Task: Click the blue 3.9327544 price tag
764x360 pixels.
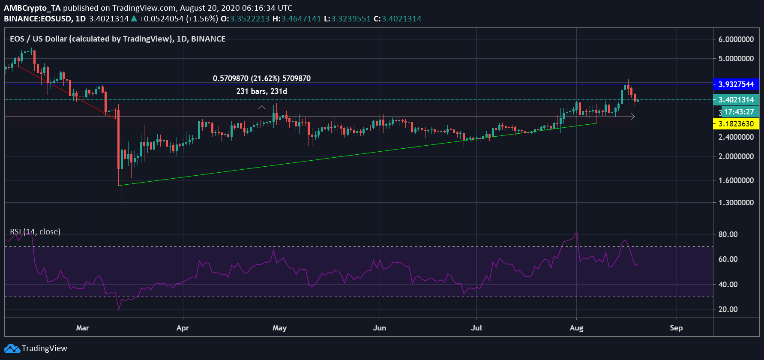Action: pos(736,84)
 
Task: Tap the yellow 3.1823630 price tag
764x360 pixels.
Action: pos(736,124)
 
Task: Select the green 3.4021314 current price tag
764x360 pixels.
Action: pos(736,100)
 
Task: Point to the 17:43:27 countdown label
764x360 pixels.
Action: pos(739,112)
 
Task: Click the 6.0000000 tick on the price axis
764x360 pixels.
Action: pos(736,39)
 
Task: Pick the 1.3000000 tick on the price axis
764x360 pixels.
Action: pos(736,203)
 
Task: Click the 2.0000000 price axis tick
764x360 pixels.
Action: pos(736,156)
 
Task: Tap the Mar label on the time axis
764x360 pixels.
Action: pos(83,328)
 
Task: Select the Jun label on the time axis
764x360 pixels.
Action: pos(380,328)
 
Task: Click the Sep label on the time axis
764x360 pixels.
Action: pos(676,328)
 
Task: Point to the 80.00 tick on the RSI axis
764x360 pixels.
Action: pos(728,234)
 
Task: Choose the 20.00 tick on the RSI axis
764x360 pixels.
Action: pos(728,309)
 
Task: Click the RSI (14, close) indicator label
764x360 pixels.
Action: pos(35,232)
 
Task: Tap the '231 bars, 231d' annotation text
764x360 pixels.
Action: pos(261,91)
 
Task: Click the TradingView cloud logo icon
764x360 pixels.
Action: pos(12,348)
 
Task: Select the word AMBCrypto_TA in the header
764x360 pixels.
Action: pos(32,8)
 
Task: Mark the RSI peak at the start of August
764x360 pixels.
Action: pos(577,231)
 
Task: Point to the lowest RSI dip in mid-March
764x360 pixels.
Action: pos(119,309)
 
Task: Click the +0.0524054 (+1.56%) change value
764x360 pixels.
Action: pos(179,19)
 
